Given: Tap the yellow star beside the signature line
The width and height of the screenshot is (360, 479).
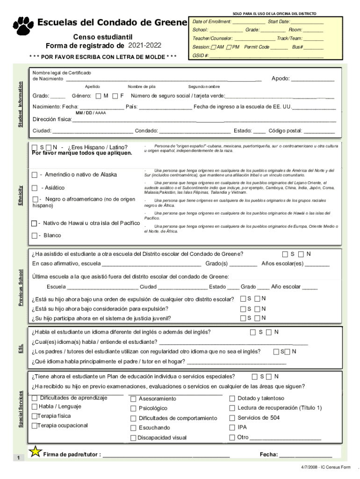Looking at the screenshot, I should click(x=35, y=451).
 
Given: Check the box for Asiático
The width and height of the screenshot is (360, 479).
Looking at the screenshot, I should click(x=35, y=188).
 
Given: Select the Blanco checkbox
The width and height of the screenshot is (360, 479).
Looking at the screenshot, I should click(x=35, y=235).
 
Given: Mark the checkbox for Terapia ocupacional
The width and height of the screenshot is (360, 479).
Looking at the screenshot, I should click(x=35, y=426).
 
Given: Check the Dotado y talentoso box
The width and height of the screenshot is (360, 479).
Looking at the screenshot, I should click(x=232, y=399).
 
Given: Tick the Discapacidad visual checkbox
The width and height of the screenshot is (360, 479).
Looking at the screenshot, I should click(x=133, y=438).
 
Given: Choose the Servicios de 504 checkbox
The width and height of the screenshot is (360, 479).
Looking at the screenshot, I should click(x=232, y=418).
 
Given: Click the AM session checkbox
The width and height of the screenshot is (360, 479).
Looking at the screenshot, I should click(x=214, y=47).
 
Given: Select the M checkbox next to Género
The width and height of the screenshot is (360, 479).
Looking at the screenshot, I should click(x=98, y=96).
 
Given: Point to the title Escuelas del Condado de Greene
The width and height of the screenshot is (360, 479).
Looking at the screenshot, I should click(x=112, y=22).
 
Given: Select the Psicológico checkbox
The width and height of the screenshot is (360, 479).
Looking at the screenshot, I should click(x=133, y=408).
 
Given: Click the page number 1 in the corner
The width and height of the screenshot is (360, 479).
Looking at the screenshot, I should click(x=18, y=458).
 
